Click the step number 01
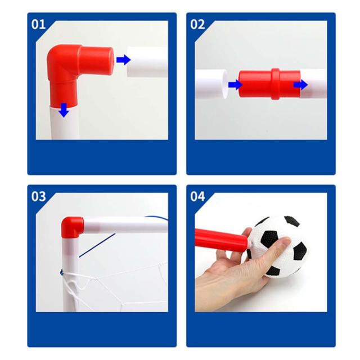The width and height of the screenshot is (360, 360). (x=38, y=24)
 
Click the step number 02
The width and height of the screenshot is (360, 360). (x=197, y=24)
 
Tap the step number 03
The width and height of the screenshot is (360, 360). (x=38, y=196)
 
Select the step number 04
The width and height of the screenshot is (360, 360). (x=197, y=196)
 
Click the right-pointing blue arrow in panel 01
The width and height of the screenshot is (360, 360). (x=123, y=60)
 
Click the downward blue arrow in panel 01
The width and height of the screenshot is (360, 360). (x=64, y=110)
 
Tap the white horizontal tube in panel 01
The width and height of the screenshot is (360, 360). (x=147, y=62)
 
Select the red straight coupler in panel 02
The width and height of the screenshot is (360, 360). (x=269, y=84)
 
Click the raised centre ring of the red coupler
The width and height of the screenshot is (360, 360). (x=276, y=84)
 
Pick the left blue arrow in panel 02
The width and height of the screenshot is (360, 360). (x=235, y=84)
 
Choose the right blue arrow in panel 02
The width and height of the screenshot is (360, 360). (x=300, y=85)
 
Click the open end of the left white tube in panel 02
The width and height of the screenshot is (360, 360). (x=225, y=84)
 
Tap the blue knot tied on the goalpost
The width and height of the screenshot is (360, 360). (x=61, y=272)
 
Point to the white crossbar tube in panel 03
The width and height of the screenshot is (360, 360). (x=125, y=224)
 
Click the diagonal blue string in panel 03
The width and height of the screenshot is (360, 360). (x=97, y=245)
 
